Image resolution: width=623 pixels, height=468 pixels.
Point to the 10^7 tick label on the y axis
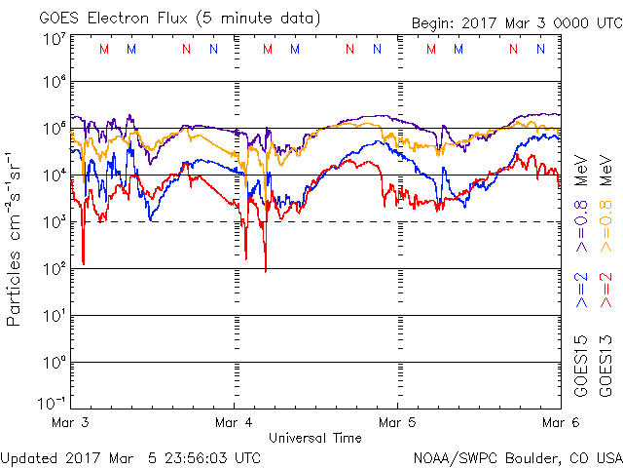(x=55, y=39)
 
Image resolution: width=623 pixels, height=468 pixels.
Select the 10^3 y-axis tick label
(x=55, y=221)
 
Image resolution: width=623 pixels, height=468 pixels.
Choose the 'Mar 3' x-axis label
(x=71, y=423)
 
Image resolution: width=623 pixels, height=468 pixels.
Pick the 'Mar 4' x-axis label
(x=234, y=423)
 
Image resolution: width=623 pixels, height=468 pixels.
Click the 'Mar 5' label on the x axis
(x=396, y=423)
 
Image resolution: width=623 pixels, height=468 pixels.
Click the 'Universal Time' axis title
(x=315, y=438)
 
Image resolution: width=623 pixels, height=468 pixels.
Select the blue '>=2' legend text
(x=580, y=291)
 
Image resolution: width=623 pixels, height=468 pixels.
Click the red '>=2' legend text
(x=605, y=291)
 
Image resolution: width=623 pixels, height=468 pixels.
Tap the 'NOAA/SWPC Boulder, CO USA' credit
(x=516, y=456)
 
